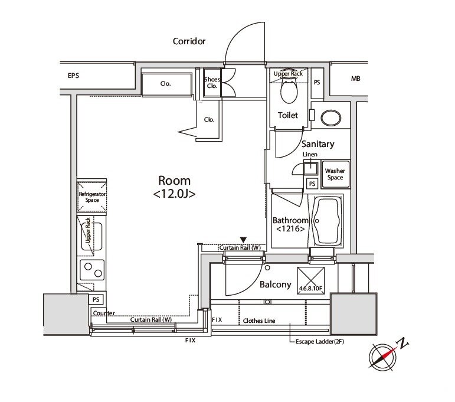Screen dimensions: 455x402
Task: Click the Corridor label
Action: [x=189, y=41]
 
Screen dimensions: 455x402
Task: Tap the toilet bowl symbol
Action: [x=289, y=91]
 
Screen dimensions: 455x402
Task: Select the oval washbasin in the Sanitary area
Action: [x=331, y=118]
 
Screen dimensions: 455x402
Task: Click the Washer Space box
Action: [x=335, y=174]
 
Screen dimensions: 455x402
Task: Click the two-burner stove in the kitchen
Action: [x=92, y=270]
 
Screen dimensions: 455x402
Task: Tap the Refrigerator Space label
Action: [x=92, y=197]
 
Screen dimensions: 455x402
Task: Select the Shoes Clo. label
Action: [x=212, y=83]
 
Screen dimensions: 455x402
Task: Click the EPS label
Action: [x=73, y=76]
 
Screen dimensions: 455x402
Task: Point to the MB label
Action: [x=355, y=79]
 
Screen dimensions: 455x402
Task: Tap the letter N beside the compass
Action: [x=403, y=344]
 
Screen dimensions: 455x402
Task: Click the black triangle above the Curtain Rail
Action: [x=243, y=240]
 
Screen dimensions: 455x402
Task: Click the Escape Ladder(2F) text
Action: [x=320, y=342]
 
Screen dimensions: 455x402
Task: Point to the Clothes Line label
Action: [x=259, y=321]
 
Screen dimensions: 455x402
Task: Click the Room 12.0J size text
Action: [x=175, y=194]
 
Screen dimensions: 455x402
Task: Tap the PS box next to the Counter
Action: [x=96, y=299]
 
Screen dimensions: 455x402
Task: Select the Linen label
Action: [x=310, y=155]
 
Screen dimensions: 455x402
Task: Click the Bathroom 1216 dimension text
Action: [x=290, y=229]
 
